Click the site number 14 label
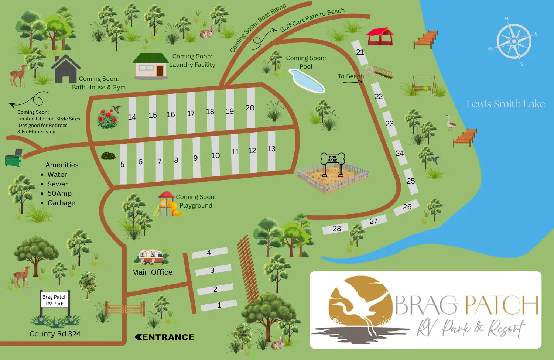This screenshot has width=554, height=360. pyautogui.click(x=132, y=117)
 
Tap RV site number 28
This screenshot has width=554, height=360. pyautogui.click(x=336, y=229)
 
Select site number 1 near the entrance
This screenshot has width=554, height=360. pyautogui.click(x=219, y=305)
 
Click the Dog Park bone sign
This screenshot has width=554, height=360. pyautogui.click(x=332, y=159)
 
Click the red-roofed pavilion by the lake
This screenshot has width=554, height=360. pyautogui.click(x=380, y=36)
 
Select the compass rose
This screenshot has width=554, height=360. pyautogui.click(x=514, y=41)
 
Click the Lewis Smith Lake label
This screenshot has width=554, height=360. pyautogui.click(x=506, y=104)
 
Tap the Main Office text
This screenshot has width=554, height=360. pyautogui.click(x=152, y=272)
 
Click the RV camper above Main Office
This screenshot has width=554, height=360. pyautogui.click(x=151, y=256)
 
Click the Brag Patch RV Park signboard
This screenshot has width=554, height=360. pyautogui.click(x=55, y=300)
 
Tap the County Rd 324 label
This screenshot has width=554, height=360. pyautogui.click(x=55, y=334)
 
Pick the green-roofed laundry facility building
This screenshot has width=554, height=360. pyautogui.click(x=151, y=66)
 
